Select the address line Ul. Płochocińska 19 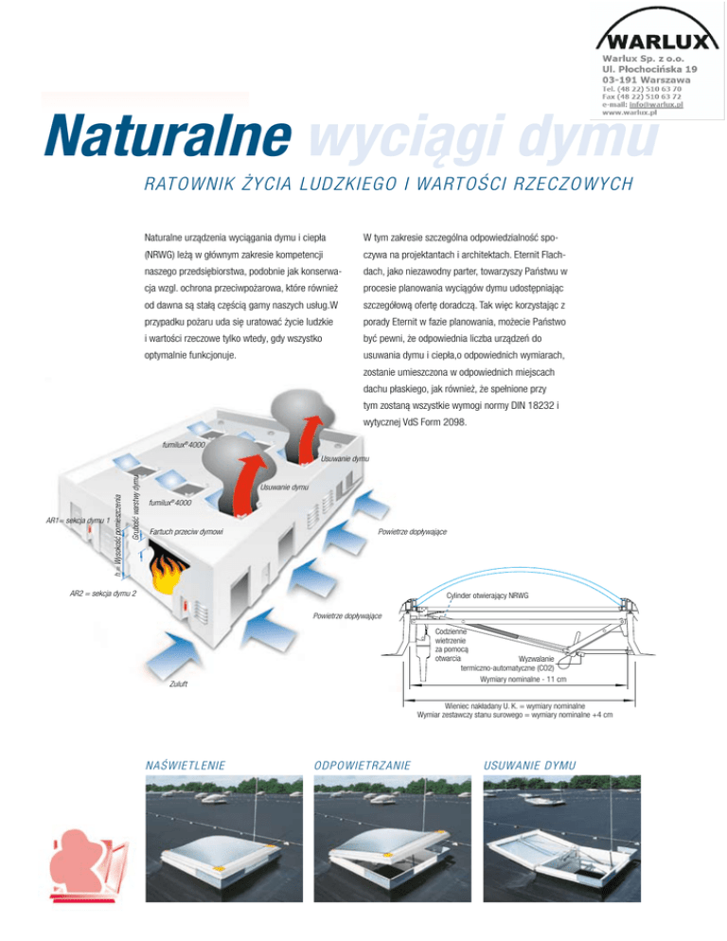tap(646, 68)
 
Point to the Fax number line tap(639, 96)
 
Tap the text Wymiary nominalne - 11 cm tap(523, 679)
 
